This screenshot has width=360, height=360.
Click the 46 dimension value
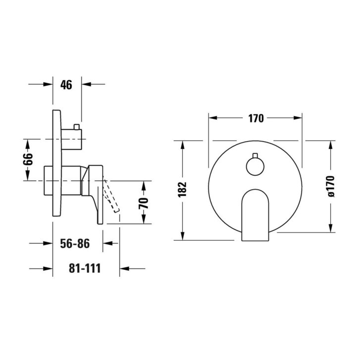click(x=66, y=85)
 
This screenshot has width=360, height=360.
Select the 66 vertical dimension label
click(x=28, y=159)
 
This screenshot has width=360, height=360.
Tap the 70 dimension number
click(x=144, y=203)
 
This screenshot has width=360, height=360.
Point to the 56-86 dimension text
click(x=75, y=243)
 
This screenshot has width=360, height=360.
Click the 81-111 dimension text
click(x=85, y=268)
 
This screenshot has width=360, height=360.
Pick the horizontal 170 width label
click(x=256, y=118)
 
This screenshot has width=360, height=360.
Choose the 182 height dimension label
click(x=183, y=190)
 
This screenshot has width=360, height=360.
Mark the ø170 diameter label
click(x=331, y=186)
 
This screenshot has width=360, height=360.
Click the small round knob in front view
click(x=255, y=167)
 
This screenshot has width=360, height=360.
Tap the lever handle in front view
click(x=255, y=215)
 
